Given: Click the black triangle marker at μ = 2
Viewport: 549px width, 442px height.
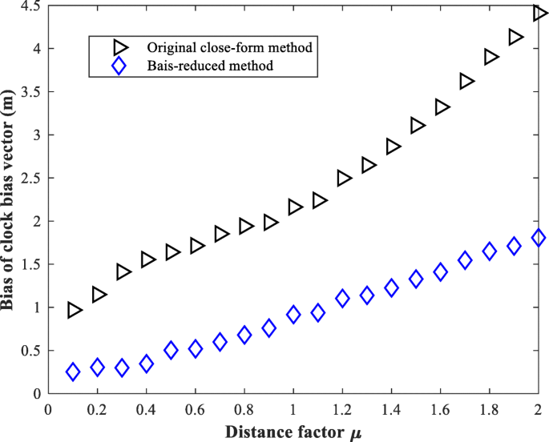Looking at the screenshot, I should [539, 13].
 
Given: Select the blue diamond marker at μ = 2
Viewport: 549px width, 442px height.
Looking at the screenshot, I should [539, 238].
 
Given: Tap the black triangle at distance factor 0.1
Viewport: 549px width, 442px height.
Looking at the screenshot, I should [75, 310].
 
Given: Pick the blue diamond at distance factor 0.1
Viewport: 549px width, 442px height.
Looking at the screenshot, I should [73, 372].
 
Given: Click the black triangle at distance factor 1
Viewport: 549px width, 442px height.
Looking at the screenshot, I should [295, 207].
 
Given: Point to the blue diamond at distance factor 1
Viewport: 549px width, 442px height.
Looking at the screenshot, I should [293, 315].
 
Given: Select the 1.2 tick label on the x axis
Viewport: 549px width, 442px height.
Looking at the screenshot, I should [342, 409].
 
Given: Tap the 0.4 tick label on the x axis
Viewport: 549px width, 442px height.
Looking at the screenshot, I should [146, 409].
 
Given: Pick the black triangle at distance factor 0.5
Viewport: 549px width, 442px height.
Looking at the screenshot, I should [172, 252].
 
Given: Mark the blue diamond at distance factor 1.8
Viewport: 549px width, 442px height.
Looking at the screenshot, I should [490, 251].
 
